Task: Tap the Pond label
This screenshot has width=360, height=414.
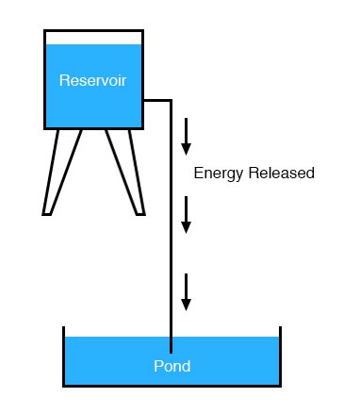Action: click(x=172, y=366)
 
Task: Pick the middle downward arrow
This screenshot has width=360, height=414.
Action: click(x=187, y=215)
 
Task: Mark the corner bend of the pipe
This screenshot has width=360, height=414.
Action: click(x=170, y=98)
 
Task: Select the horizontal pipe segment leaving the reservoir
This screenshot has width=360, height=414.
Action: click(x=155, y=98)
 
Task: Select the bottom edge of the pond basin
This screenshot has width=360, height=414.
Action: click(x=172, y=385)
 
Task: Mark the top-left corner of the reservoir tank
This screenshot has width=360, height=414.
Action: click(x=45, y=32)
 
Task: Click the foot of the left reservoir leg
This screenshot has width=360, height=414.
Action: click(x=47, y=211)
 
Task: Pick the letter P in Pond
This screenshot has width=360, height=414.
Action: click(x=158, y=366)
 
